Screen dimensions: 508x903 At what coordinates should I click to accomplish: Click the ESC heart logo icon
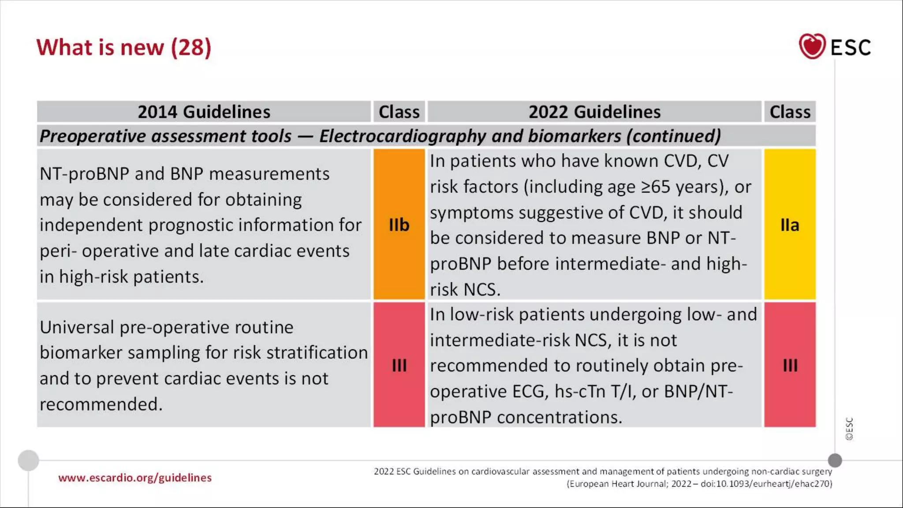click(x=812, y=46)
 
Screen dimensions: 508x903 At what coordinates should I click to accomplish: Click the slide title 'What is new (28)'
click(x=124, y=47)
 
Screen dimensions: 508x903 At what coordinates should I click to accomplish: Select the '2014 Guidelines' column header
click(x=204, y=112)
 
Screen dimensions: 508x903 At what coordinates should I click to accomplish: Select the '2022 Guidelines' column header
click(x=594, y=112)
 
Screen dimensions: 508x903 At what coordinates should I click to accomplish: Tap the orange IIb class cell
click(x=399, y=225)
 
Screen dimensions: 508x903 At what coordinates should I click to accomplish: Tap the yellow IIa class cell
click(x=790, y=225)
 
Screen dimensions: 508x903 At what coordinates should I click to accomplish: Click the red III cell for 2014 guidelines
click(x=399, y=365)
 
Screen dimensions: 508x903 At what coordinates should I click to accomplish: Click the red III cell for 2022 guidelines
click(x=790, y=365)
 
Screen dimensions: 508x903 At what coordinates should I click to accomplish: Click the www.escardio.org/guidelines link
click(x=135, y=478)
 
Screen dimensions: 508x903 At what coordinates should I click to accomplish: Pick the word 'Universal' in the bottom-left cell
click(x=77, y=327)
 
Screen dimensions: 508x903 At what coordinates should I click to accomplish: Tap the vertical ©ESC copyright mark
click(x=849, y=429)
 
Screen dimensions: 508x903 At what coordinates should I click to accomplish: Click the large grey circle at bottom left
click(x=28, y=460)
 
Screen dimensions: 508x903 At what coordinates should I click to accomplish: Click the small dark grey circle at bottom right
click(x=835, y=460)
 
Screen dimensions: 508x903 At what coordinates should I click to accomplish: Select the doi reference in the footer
click(x=766, y=484)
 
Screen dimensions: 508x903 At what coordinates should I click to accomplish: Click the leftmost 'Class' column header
click(x=399, y=112)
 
